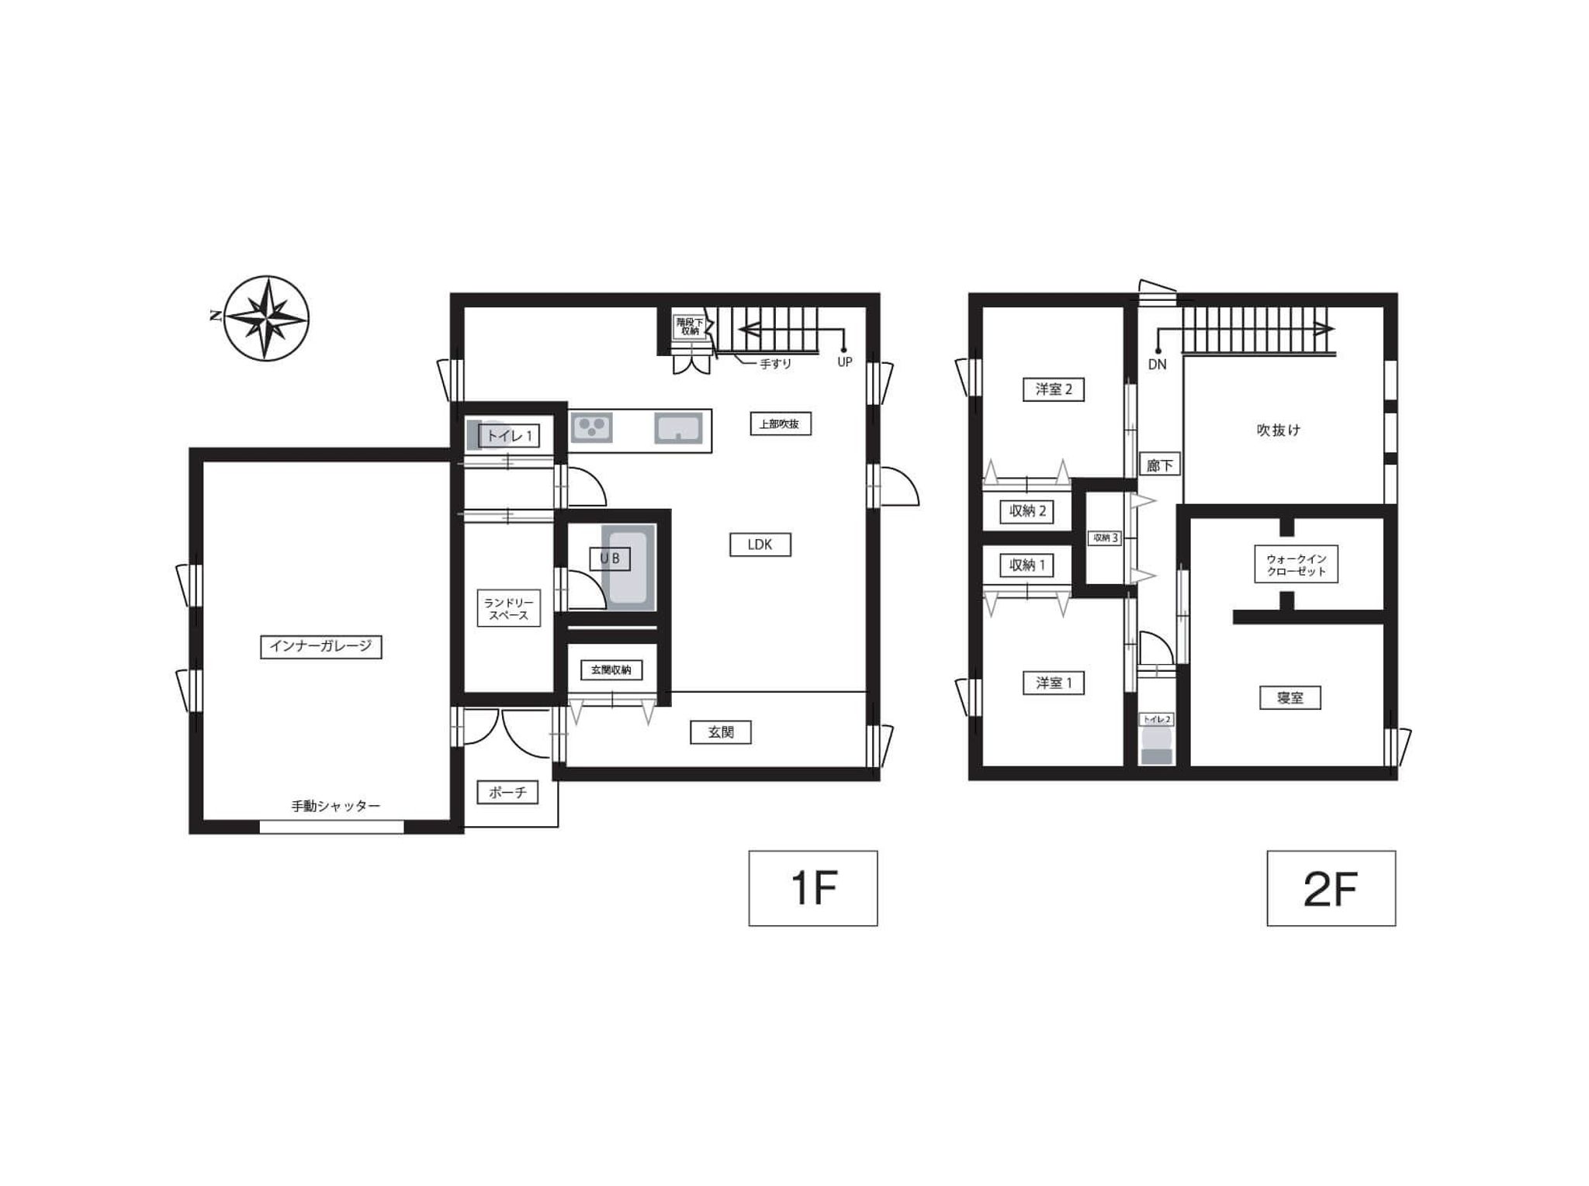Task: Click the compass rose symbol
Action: [266, 318]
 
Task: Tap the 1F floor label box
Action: [812, 888]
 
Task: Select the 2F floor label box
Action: [1331, 888]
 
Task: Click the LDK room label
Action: [760, 545]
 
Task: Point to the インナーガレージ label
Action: [320, 646]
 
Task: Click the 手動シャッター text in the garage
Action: [336, 806]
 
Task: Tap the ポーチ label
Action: [507, 792]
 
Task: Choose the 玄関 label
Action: [721, 731]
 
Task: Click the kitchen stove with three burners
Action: [591, 427]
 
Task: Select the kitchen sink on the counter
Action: [678, 427]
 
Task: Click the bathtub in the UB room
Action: [628, 568]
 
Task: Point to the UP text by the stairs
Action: [844, 362]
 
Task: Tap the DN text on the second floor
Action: [1157, 365]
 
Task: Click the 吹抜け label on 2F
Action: [1278, 430]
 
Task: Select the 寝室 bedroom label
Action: [1290, 698]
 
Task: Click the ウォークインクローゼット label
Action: [1296, 565]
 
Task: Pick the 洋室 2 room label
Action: [1054, 389]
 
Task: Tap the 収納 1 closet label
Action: [1027, 565]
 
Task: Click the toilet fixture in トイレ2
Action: [1156, 746]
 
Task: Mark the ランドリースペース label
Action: [508, 609]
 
